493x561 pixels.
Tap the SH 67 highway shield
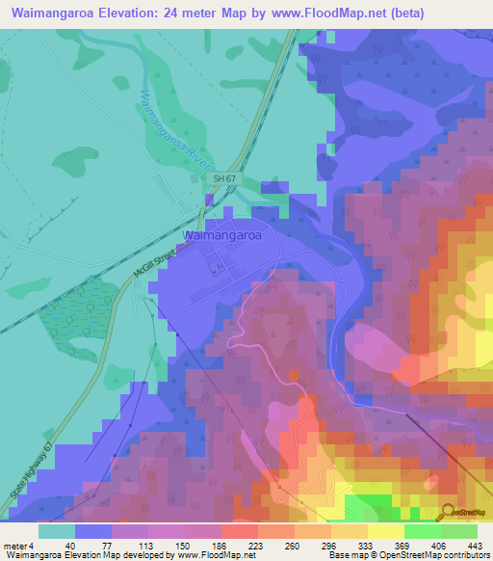tap(224, 179)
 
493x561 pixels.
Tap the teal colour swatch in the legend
tap(57, 530)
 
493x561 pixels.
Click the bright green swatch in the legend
tap(422, 530)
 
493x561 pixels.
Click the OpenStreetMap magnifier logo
tap(448, 511)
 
